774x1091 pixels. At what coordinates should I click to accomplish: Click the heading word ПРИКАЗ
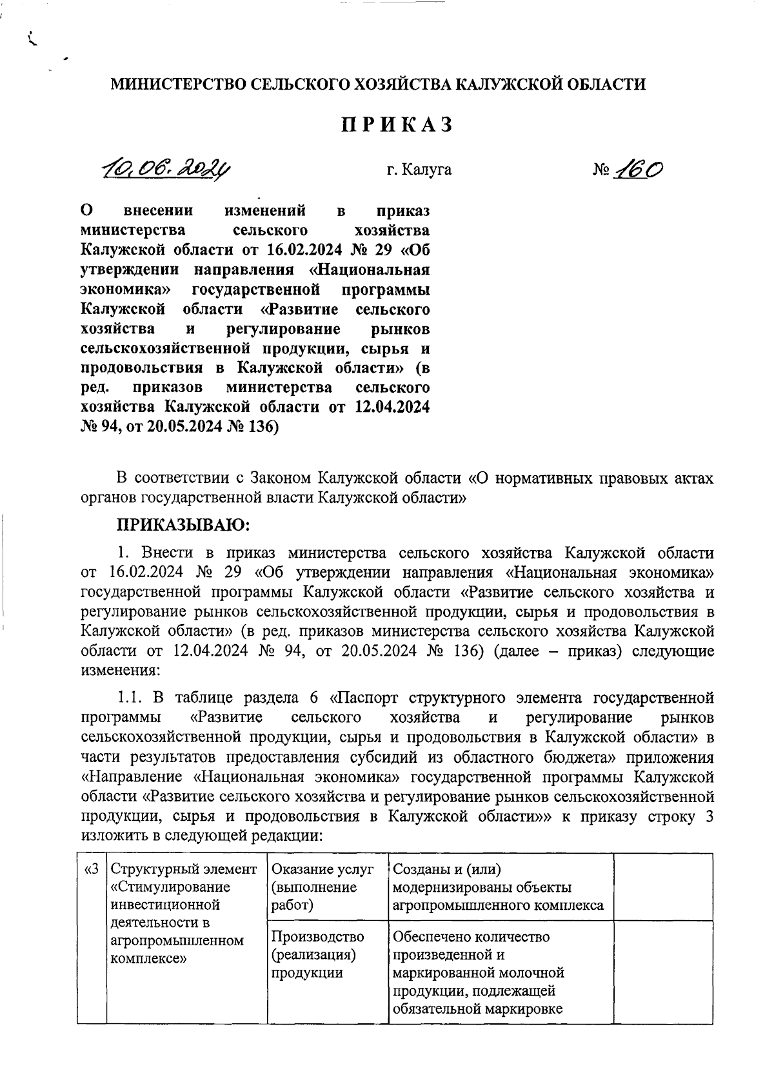tap(397, 125)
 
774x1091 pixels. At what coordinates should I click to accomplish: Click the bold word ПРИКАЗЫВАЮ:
tap(183, 525)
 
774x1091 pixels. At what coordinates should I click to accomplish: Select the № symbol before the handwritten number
tap(600, 170)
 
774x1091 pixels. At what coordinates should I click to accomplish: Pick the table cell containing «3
tap(92, 938)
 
